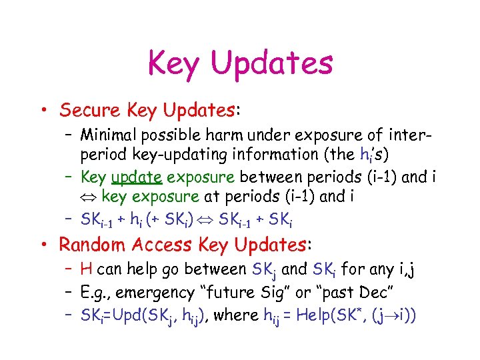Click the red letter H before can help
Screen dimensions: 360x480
pos(86,269)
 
